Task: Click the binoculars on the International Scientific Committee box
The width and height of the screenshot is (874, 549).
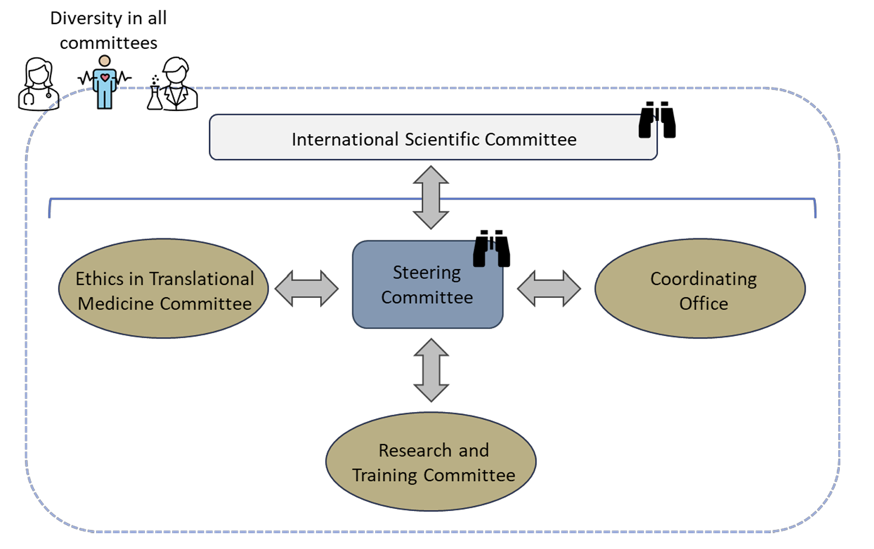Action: pos(657,120)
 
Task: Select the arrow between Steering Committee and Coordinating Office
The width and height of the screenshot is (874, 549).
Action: pos(549,289)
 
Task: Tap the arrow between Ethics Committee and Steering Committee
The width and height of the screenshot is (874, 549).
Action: pos(307,289)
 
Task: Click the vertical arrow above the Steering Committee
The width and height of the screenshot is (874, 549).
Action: pos(431,197)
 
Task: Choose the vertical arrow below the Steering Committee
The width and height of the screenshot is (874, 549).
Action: pos(431,370)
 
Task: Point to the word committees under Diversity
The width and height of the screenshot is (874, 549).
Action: pos(109,43)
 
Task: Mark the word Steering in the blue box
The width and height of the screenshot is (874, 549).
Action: pos(427,273)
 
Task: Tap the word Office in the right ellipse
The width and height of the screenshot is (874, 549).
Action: pos(704,303)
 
